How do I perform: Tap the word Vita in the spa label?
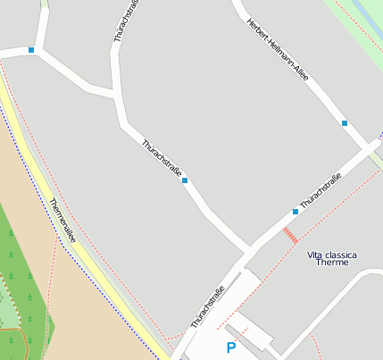315,255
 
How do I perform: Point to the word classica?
340,255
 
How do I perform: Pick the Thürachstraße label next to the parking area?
207,306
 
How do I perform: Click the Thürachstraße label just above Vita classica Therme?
321,192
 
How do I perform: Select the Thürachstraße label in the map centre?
162,157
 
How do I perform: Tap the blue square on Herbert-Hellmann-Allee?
345,123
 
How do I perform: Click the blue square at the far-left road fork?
31,50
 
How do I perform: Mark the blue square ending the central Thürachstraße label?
185,181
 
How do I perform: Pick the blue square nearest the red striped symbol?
295,212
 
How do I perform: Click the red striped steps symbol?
290,235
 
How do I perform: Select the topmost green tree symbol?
11,233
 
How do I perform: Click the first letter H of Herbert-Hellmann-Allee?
248,20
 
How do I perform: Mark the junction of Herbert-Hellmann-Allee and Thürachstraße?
374,147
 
